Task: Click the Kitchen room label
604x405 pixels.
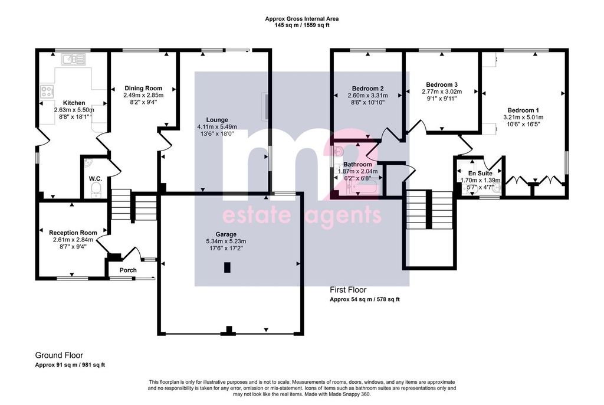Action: (74, 103)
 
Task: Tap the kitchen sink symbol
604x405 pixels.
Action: (73, 60)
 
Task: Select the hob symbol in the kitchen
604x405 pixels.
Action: (47, 92)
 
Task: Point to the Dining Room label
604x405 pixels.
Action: (143, 89)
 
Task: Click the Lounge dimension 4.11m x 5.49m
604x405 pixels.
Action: (217, 127)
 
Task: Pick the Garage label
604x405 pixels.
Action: (226, 234)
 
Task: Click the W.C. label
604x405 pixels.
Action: (95, 178)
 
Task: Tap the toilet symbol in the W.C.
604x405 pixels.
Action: (96, 190)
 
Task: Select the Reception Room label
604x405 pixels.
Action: (73, 233)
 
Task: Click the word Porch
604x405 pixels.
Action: (128, 270)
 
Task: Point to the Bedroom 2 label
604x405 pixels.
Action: (368, 89)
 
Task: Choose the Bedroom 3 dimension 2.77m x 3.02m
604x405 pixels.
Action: (442, 92)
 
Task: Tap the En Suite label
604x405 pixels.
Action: (480, 174)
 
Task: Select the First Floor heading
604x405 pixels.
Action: (348, 290)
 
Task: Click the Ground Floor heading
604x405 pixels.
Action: (59, 355)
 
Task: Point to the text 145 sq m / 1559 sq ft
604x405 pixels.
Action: (302, 25)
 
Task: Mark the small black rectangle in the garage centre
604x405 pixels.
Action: (227, 267)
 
